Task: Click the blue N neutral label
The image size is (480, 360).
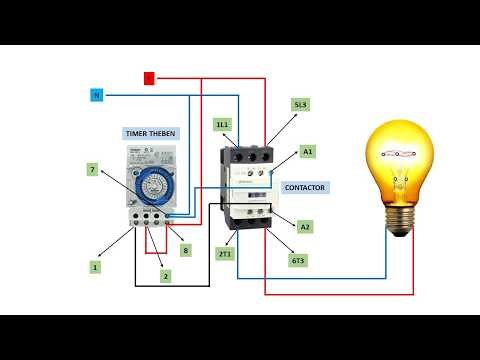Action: click(x=97, y=95)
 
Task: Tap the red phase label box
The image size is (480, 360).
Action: click(x=149, y=77)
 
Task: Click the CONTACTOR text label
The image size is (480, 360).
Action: click(x=305, y=187)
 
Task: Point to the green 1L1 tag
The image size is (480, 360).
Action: click(x=222, y=124)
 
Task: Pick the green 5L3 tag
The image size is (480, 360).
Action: click(x=300, y=104)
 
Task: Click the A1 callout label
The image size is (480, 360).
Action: click(x=307, y=152)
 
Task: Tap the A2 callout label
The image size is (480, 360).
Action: click(x=305, y=227)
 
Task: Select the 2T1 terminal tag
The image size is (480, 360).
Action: click(x=226, y=255)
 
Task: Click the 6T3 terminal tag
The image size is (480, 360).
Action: click(x=297, y=260)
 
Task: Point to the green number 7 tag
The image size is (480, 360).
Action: click(x=92, y=171)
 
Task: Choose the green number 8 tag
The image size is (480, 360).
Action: click(x=185, y=250)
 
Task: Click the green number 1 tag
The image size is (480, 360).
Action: click(x=95, y=267)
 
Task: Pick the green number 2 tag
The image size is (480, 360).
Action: click(x=165, y=275)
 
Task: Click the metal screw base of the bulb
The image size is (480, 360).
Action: click(x=402, y=222)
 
